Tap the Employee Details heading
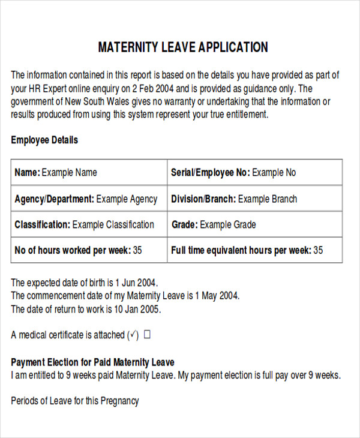pyautogui.click(x=44, y=140)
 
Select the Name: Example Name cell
pyautogui.click(x=89, y=173)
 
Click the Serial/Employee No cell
pyautogui.click(x=255, y=173)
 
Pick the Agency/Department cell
pyautogui.click(x=89, y=199)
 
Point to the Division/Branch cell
pyautogui.click(x=255, y=199)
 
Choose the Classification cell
pyautogui.click(x=89, y=225)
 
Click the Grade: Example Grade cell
pyautogui.click(x=255, y=225)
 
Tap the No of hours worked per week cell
pyautogui.click(x=89, y=251)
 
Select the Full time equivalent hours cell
pyautogui.click(x=255, y=251)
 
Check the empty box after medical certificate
pyautogui.click(x=147, y=335)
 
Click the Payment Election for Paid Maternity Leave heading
pyautogui.click(x=92, y=362)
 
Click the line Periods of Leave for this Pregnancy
pyautogui.click(x=74, y=401)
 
